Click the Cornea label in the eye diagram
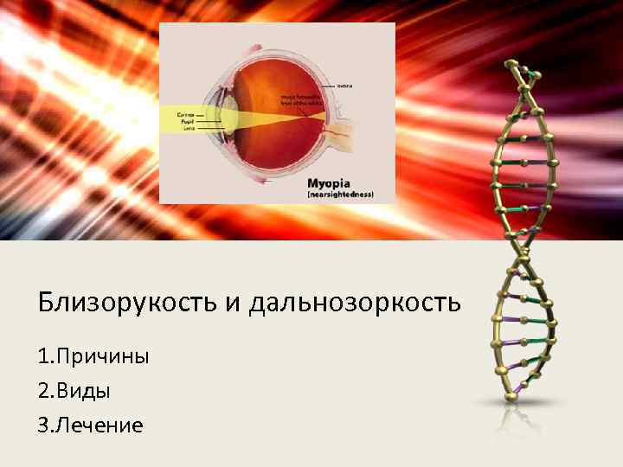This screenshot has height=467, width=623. [185, 114]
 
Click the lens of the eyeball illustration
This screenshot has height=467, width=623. [231, 116]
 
